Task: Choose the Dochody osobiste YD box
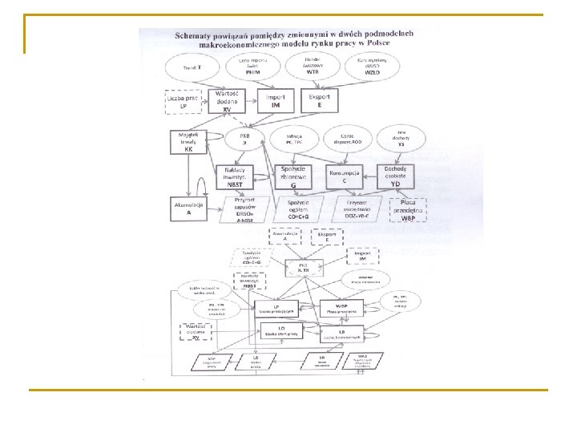pyautogui.click(x=396, y=176)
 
